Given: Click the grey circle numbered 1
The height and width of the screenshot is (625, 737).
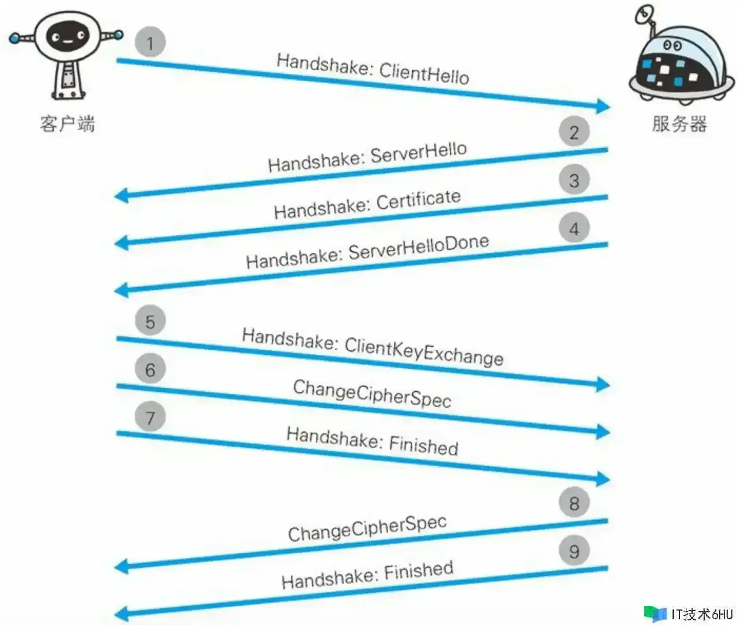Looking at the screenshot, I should coord(150,43).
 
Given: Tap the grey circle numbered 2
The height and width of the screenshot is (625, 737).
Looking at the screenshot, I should coord(574,132).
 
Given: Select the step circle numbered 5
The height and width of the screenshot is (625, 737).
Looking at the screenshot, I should coord(150,321).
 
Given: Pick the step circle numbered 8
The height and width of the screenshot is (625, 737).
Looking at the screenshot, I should coord(574,503).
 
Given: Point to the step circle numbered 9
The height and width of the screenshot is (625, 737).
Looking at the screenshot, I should coord(574,551).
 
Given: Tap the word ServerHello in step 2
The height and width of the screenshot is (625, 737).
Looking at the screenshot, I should coord(419,153).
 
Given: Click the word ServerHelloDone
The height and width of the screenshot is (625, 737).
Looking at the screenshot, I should coord(419,248).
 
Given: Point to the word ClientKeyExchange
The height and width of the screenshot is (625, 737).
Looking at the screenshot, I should coord(424,351).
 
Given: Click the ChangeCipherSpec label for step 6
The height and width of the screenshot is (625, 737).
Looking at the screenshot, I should coord(372,394).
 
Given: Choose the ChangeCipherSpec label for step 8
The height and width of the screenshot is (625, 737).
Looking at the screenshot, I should coord(367,528).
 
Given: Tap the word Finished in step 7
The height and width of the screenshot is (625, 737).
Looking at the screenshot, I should coord(424,445).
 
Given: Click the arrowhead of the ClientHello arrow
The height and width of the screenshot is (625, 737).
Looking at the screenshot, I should coord(603,106).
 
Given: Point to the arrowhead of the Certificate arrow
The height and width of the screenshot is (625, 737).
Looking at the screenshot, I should coord(121,243).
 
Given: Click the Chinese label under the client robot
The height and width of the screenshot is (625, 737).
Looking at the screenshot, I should coord(67,124).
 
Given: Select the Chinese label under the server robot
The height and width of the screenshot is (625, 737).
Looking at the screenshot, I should coord(679,123).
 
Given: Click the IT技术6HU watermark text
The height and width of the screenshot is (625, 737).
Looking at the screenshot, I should coord(701,614).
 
